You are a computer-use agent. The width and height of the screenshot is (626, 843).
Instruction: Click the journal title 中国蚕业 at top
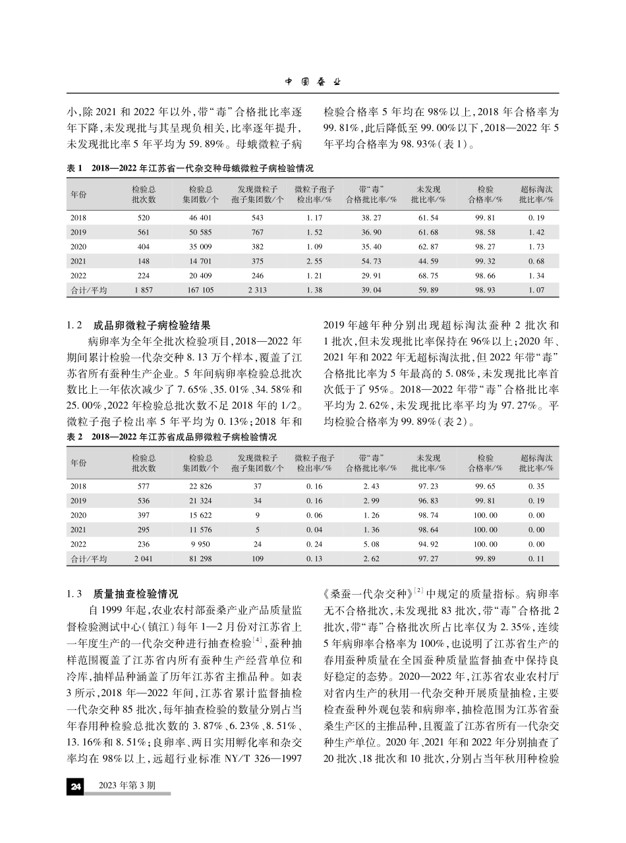pos(312,82)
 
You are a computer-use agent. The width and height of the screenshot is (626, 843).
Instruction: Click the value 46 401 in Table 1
pos(200,217)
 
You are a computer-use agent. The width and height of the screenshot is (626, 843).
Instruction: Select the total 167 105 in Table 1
pos(200,289)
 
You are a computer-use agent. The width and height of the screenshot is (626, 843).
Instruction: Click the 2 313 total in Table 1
pos(257,289)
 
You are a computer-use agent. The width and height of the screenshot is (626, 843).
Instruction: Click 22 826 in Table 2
pos(200,486)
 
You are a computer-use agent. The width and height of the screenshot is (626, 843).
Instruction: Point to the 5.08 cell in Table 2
pos(371,544)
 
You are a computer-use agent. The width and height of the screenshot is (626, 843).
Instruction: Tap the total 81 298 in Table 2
pos(200,558)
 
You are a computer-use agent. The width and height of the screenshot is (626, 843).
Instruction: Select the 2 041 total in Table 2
pos(144,558)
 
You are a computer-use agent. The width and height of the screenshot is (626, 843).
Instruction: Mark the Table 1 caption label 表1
pos(74,169)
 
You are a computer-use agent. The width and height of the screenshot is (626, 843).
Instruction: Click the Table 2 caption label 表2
pos(74,437)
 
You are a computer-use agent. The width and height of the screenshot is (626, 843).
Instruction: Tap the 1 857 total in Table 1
pos(144,289)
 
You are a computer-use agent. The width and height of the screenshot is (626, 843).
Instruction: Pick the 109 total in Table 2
pos(257,558)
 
